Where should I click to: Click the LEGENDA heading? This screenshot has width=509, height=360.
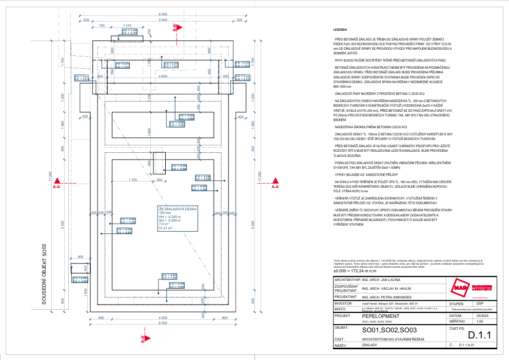point(340,30)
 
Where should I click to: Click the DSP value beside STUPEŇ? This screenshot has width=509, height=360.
point(466,303)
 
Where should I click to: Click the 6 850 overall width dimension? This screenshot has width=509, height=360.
point(163,14)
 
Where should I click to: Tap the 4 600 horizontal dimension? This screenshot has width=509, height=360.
point(163,76)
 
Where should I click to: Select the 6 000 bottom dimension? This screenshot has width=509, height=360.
point(163,323)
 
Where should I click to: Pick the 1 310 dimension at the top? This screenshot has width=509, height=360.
point(128,25)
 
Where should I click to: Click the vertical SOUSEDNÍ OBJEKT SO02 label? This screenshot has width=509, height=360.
point(44,274)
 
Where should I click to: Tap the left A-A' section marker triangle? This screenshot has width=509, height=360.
point(58,181)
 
